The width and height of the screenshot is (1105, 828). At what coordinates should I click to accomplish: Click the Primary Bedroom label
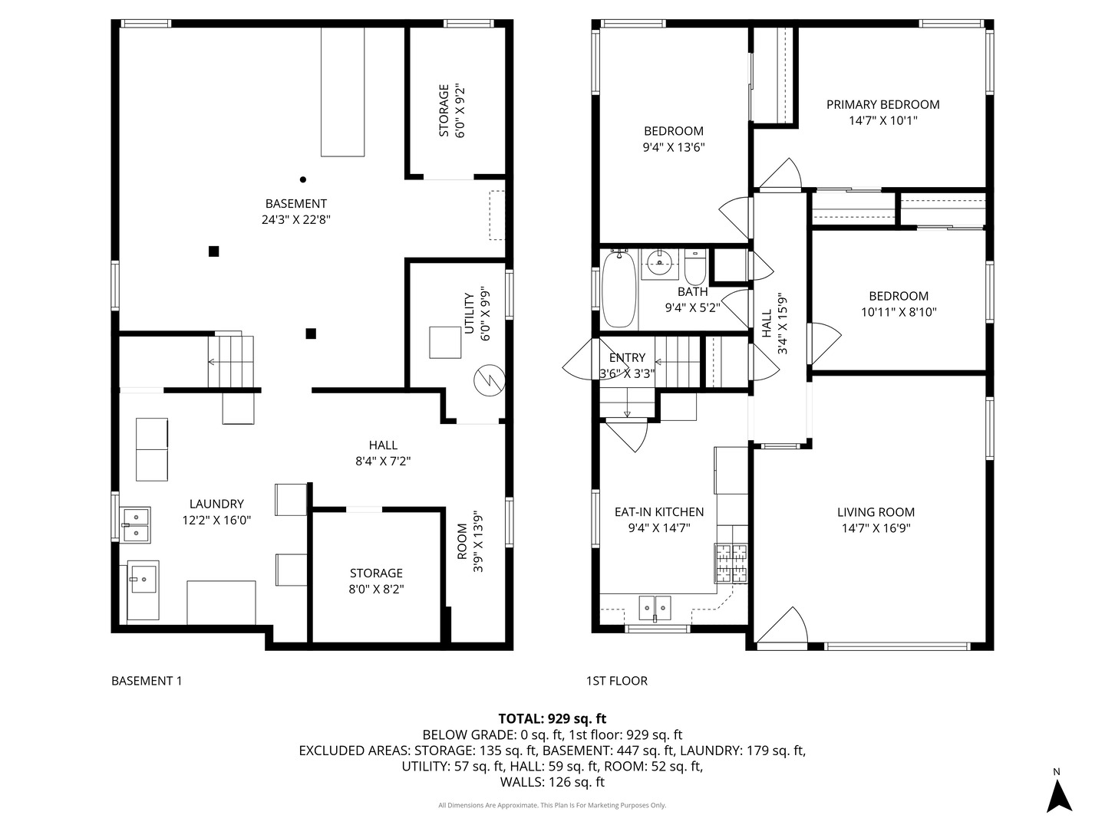[x=882, y=104]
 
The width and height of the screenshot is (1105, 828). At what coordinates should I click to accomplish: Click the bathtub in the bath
[x=618, y=289]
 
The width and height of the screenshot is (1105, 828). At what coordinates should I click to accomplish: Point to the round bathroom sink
[x=659, y=263]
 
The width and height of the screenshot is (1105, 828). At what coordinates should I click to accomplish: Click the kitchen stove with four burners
[x=731, y=563]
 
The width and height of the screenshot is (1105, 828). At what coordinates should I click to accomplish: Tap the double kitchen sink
[x=655, y=607]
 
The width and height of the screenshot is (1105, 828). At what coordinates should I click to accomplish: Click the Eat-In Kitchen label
[x=658, y=512]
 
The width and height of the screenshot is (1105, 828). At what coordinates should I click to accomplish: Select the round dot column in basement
[x=302, y=179]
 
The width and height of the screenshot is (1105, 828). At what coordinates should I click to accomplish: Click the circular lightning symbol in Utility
[x=488, y=380]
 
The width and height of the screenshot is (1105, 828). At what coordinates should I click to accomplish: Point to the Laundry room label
[x=216, y=504]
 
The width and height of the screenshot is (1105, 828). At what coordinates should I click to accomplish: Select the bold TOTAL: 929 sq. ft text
[x=552, y=718]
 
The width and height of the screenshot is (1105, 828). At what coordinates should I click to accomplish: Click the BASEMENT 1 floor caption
[x=147, y=681]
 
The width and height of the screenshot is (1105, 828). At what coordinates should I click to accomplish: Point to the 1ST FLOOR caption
[x=616, y=681]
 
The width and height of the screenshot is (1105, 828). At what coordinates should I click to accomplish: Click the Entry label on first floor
[x=627, y=358]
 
